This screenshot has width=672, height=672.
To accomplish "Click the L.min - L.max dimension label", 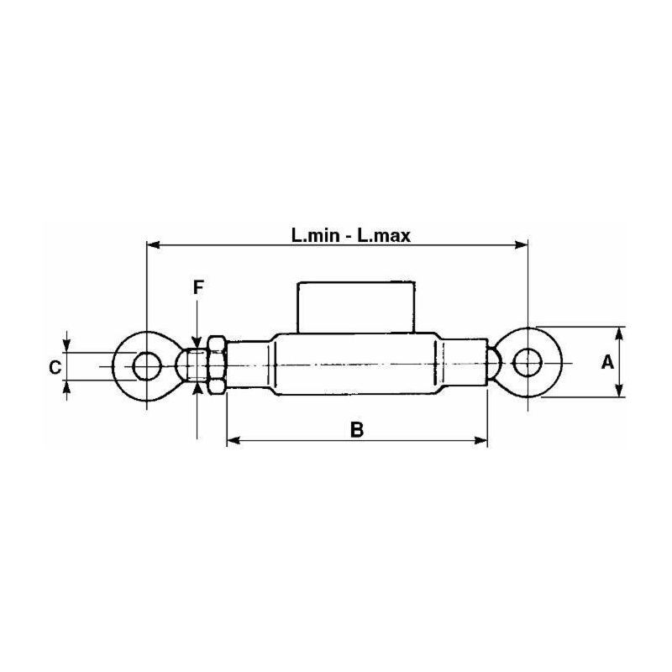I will tap(350, 236).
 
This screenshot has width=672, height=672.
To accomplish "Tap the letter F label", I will tap(198, 287).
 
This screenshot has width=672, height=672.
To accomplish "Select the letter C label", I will tap(54, 367).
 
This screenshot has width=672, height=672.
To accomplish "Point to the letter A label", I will tap(607, 363).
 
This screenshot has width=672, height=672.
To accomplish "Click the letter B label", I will tap(356, 430).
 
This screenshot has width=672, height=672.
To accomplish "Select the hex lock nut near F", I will tap(215, 366).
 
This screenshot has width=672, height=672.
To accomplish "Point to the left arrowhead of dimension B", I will tap(233, 439).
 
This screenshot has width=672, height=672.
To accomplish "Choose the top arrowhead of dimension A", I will tap(619, 332).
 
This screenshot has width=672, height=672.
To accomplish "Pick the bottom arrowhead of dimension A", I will tap(619, 392).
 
